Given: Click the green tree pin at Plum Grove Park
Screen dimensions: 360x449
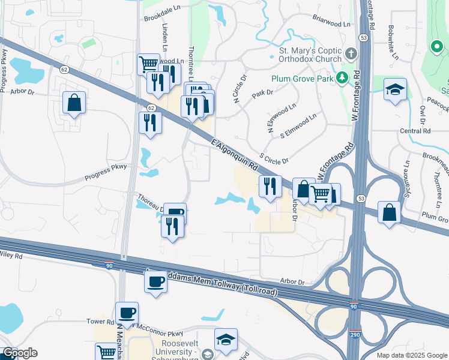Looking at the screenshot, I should pyautogui.click(x=342, y=78).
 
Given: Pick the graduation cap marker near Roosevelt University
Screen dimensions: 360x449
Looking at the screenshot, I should pyautogui.click(x=226, y=340).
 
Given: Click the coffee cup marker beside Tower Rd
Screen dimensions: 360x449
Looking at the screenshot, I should pyautogui.click(x=127, y=313).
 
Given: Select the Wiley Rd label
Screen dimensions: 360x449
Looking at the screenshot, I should pyautogui.click(x=11, y=256).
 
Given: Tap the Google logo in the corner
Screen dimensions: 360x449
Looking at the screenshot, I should pyautogui.click(x=20, y=353).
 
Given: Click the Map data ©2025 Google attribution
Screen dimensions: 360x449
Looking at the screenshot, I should pyautogui.click(x=411, y=355).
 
